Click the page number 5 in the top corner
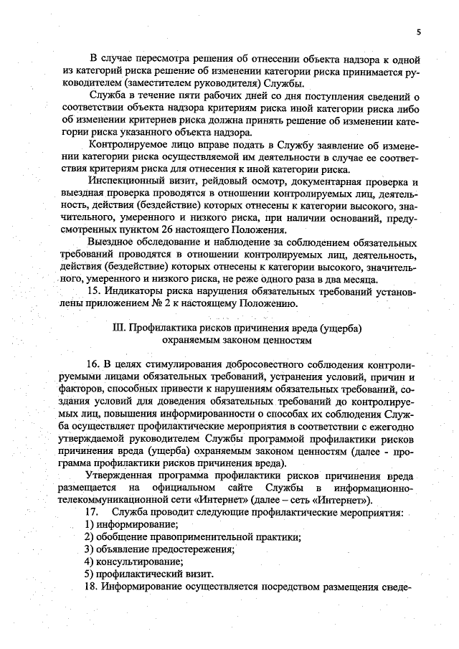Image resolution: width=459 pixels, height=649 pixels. (x=418, y=32)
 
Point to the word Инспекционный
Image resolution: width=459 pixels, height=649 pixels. (x=125, y=181)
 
